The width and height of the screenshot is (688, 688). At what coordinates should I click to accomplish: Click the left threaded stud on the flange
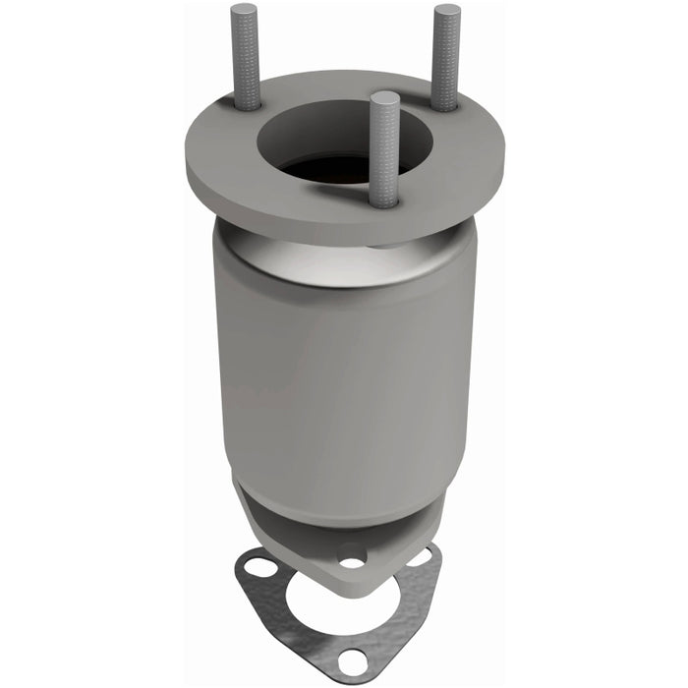coord(245,59)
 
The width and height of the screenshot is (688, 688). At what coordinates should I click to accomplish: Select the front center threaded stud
coord(384,147)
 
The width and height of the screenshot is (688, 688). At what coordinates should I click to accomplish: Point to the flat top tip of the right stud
coord(447,11)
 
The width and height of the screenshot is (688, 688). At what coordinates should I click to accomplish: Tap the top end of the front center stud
coord(385,96)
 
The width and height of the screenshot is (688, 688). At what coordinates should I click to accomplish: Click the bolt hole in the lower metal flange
coord(351,563)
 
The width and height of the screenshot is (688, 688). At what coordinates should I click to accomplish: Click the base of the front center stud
coord(384,201)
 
